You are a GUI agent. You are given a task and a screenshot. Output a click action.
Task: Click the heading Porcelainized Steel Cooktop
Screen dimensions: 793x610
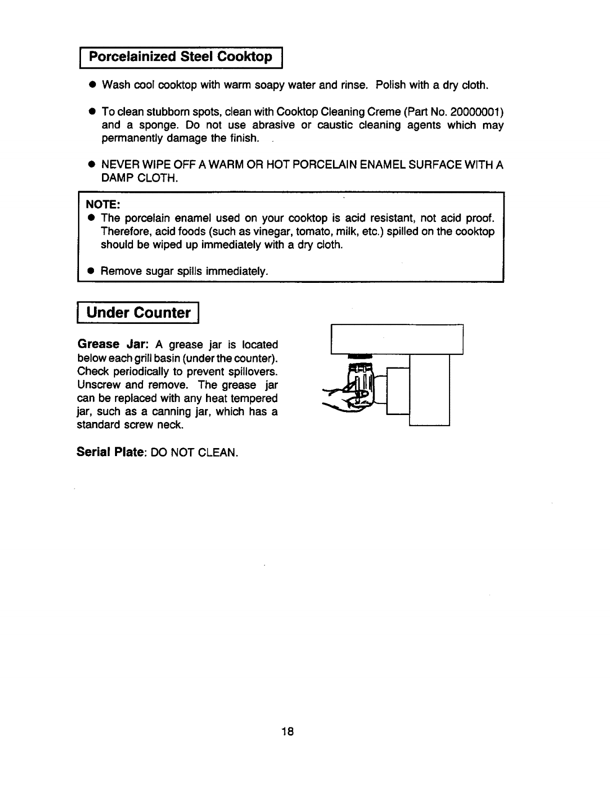pyautogui.click(x=180, y=56)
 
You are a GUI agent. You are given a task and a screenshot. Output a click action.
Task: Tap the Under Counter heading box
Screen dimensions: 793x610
pyautogui.click(x=138, y=313)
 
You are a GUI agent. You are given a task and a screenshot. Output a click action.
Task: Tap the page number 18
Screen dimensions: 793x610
pyautogui.click(x=287, y=732)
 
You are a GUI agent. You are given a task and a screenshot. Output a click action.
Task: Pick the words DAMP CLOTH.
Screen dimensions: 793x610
pyautogui.click(x=139, y=178)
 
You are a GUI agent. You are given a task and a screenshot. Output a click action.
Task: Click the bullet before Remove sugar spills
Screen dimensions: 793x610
pyautogui.click(x=91, y=271)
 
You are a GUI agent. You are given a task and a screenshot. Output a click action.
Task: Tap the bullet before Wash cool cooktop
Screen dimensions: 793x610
pyautogui.click(x=92, y=85)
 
